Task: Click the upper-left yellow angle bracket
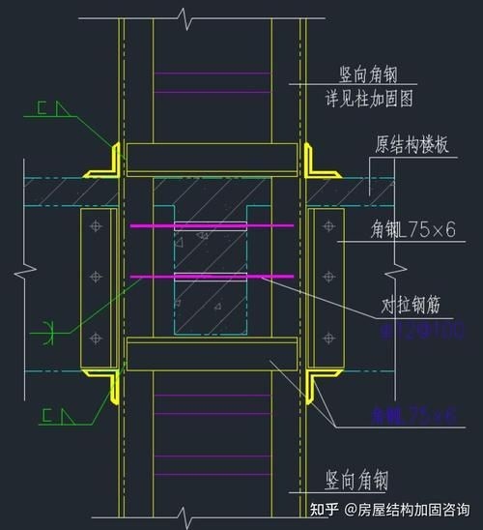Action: pos(109,162)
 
